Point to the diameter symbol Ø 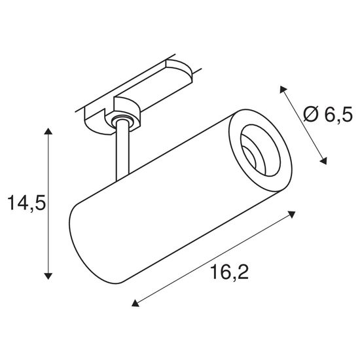[313, 115]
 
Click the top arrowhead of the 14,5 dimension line [48, 133]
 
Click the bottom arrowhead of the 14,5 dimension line [48, 276]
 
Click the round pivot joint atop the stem [120, 119]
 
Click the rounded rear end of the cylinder [82, 242]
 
